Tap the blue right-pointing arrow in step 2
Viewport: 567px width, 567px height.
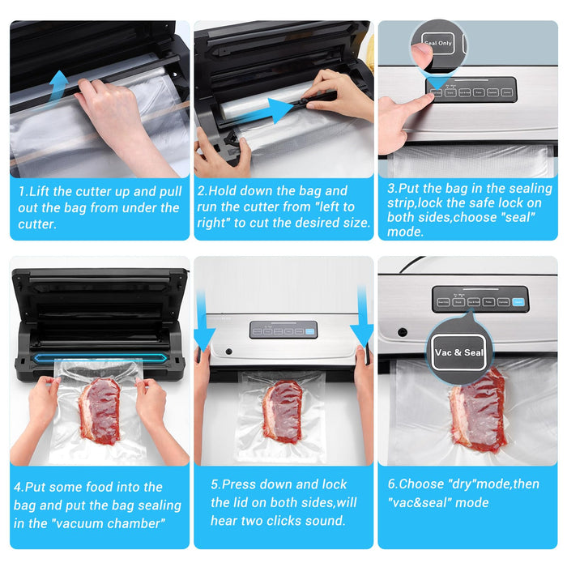[279, 110]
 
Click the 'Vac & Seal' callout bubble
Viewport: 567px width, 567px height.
[459, 352]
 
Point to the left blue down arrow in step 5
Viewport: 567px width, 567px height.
[202, 324]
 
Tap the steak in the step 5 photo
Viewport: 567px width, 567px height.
[283, 411]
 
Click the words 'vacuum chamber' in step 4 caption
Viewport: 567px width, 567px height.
[113, 523]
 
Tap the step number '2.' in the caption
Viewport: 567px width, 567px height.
[203, 191]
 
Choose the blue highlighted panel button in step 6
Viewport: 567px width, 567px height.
[518, 303]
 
